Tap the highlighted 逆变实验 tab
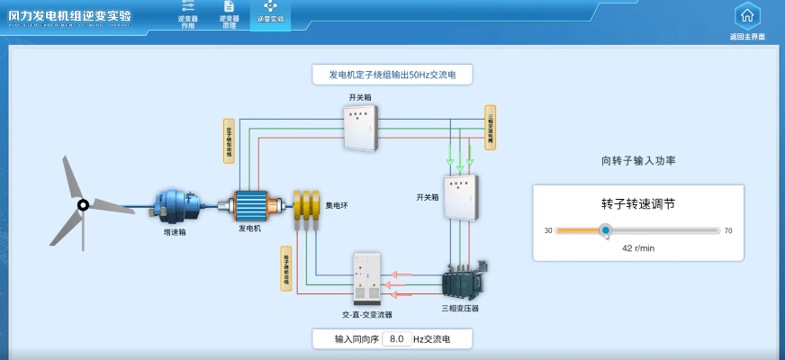(270, 13)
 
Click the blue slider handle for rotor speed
(606, 230)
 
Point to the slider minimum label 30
(547, 231)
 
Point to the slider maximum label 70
(728, 231)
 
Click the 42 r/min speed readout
(638, 247)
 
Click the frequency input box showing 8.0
(396, 339)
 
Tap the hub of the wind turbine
(83, 205)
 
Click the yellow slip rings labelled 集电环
(307, 205)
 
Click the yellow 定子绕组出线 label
(230, 141)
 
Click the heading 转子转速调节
(638, 204)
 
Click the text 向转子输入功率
(638, 161)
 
